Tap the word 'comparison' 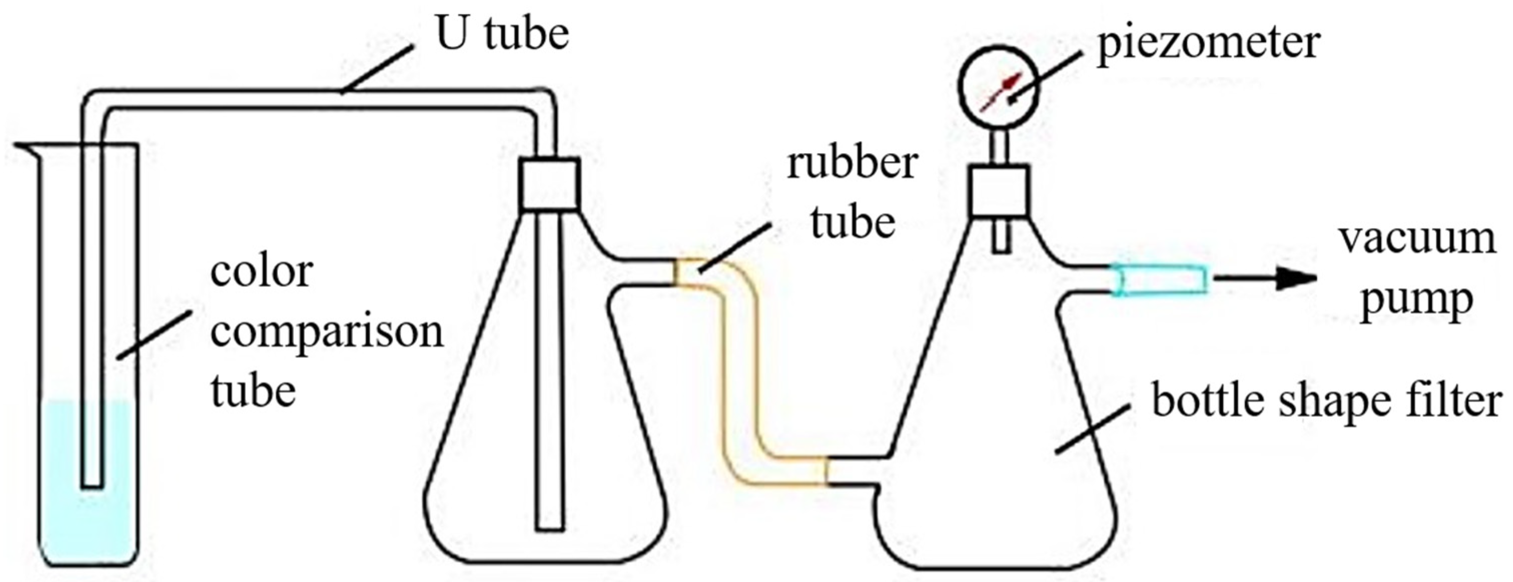[326, 332]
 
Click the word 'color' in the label [261, 272]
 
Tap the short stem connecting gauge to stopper [999, 147]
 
